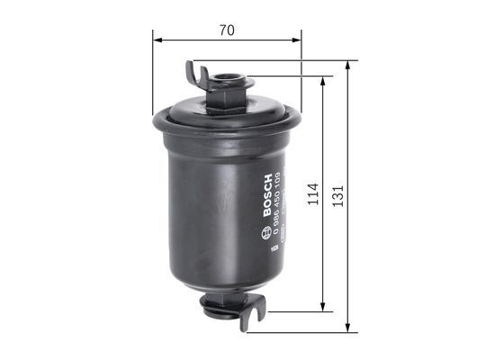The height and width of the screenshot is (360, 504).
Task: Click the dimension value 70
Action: pyautogui.click(x=227, y=30)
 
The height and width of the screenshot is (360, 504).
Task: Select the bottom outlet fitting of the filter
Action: pyautogui.click(x=225, y=307)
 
